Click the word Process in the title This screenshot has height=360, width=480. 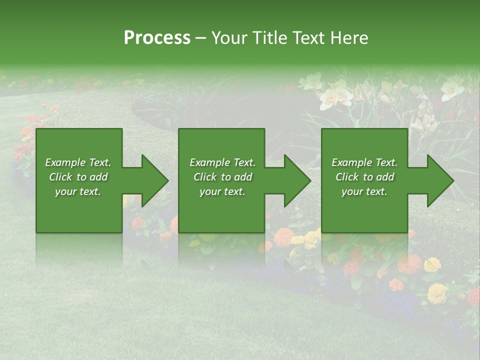[157, 38]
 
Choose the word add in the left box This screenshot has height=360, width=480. [99, 177]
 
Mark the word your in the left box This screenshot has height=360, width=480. [65, 191]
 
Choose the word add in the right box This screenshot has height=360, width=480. [385, 177]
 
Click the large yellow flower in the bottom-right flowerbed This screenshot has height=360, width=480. [437, 293]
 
